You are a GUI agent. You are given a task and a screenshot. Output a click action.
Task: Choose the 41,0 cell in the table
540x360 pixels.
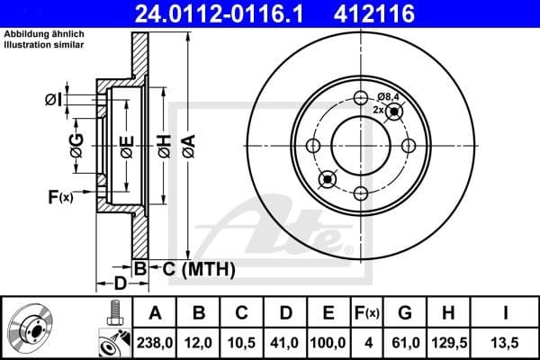pyautogui.click(x=286, y=341)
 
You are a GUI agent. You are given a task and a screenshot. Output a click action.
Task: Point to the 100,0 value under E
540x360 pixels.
pyautogui.click(x=328, y=341)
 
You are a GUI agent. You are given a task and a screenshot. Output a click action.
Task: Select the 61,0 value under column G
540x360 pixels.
pyautogui.click(x=404, y=341)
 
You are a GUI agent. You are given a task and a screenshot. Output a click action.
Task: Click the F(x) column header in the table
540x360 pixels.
pyautogui.click(x=368, y=312)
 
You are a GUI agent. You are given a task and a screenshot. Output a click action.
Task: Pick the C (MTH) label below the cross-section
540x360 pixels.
pyautogui.click(x=193, y=268)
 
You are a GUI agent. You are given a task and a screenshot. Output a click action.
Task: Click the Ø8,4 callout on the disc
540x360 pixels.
pyautogui.click(x=389, y=96)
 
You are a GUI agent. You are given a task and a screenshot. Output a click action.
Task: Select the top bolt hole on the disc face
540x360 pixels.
pyautogui.click(x=361, y=99)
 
